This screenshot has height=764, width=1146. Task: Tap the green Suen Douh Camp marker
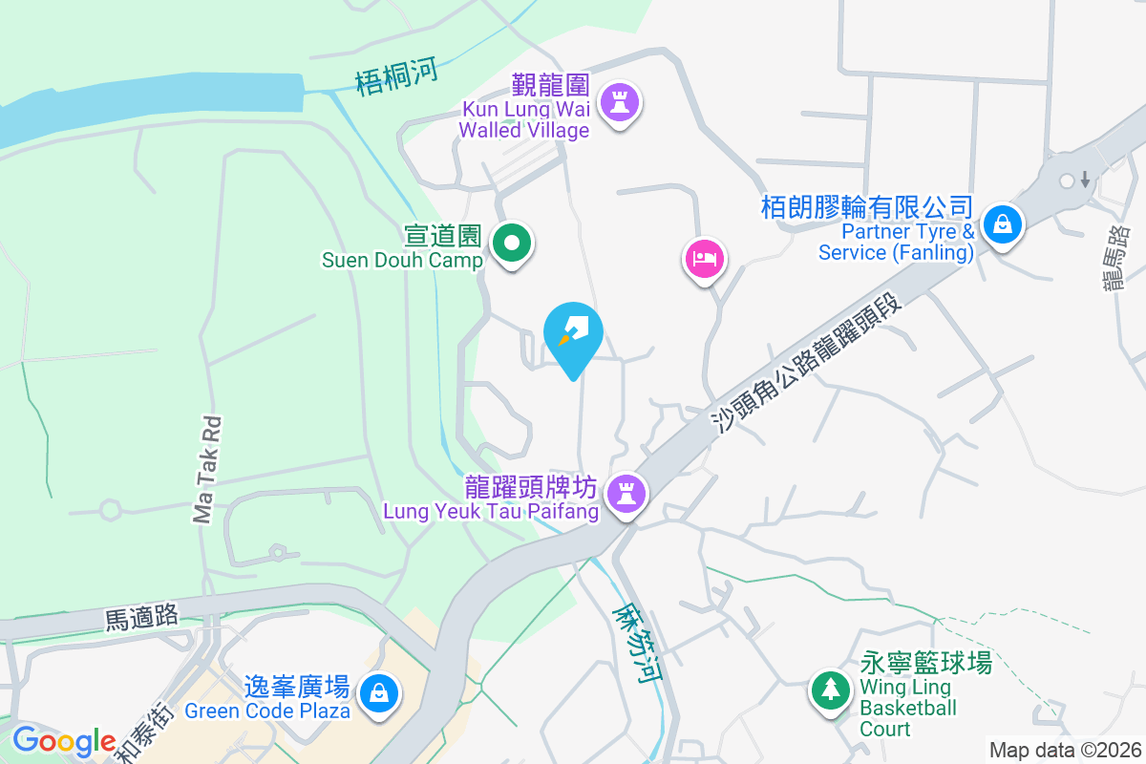click(513, 244)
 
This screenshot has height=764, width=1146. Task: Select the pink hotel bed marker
click(704, 258)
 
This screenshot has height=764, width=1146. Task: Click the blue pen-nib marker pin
click(573, 333)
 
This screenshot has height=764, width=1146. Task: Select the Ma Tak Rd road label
click(207, 469)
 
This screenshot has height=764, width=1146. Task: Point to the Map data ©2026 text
click(1064, 751)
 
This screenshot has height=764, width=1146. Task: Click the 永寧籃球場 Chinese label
click(925, 663)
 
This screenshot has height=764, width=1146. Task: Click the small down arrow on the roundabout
click(1086, 179)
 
